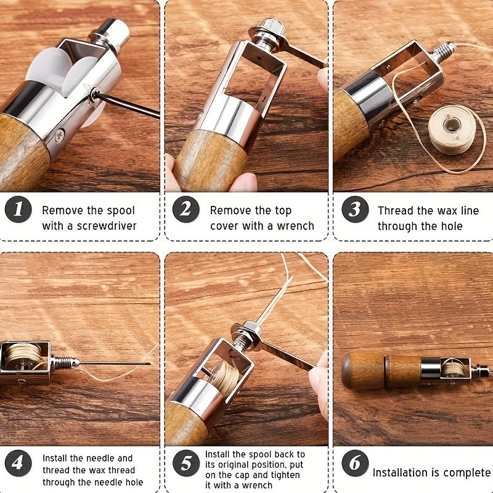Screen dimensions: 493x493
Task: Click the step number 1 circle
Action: click(x=18, y=211)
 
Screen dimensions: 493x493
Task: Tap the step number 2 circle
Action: click(x=185, y=211)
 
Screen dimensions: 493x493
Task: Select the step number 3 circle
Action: click(x=354, y=211)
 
